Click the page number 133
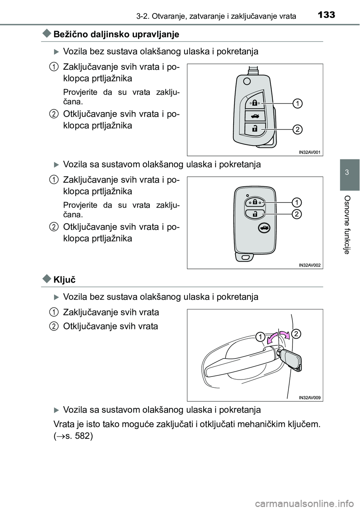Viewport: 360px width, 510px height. pos(325,15)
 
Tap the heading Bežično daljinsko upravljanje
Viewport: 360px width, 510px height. pos(116,34)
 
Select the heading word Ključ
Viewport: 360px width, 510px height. pos(64,279)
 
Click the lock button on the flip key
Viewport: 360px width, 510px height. pos(254,102)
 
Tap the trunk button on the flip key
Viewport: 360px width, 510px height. pos(255,116)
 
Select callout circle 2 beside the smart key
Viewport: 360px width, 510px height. pos(296,214)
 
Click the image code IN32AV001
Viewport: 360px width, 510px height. pos(310,152)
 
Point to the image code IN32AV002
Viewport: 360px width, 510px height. pos(310,265)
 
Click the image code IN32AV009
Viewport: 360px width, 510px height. pos(310,397)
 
